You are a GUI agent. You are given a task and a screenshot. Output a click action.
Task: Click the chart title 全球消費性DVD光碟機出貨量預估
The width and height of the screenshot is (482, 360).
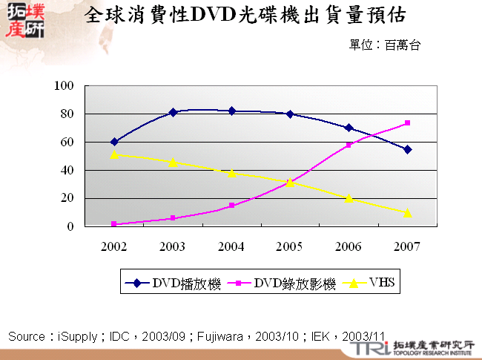[x=245, y=16]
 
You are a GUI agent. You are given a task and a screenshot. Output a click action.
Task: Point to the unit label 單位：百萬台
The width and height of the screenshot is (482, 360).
[x=385, y=45]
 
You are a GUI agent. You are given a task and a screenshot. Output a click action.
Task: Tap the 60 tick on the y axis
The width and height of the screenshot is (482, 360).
[x=67, y=142]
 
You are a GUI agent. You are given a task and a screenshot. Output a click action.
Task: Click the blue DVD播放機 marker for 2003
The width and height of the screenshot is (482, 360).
[x=173, y=113]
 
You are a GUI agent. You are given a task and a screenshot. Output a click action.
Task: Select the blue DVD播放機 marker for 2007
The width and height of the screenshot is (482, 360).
[x=407, y=149]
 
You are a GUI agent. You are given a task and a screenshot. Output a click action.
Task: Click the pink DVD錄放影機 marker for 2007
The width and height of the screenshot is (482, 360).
[x=407, y=123]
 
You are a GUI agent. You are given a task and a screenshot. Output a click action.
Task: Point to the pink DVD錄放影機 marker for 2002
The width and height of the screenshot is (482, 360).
[x=114, y=224]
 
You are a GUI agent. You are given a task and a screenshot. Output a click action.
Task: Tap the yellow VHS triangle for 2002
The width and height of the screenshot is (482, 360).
[x=114, y=154]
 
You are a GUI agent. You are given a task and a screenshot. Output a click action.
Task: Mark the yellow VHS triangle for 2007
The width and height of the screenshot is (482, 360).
[x=407, y=213]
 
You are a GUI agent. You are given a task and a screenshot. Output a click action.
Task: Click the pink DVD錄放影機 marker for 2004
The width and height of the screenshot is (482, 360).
[x=231, y=206]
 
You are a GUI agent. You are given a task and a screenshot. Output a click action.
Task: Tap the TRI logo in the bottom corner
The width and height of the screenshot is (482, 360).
[x=367, y=348]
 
